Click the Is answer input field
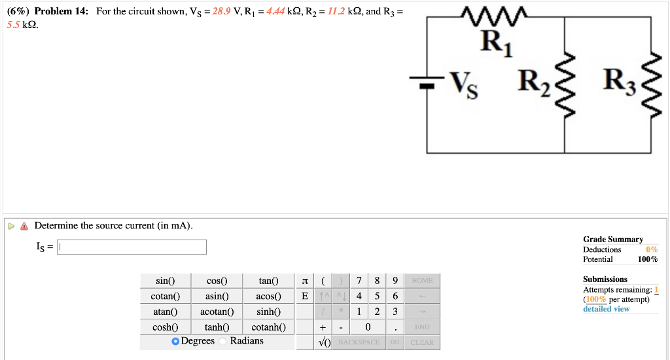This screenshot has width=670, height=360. [132, 247]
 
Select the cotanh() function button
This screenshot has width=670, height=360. [268, 327]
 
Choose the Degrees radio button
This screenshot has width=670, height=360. [175, 341]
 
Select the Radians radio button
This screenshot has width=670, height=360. [223, 341]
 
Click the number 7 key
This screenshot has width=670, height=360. [359, 281]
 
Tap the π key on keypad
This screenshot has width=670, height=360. [304, 281]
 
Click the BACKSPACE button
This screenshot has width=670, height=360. [359, 342]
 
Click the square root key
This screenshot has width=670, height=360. [324, 342]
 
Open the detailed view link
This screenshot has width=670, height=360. [606, 309]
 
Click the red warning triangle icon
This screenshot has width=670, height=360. [24, 226]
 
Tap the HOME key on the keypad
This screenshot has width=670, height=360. [422, 281]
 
